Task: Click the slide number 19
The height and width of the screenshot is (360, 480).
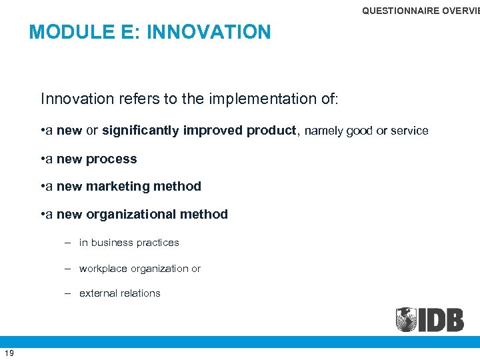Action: pos(9,353)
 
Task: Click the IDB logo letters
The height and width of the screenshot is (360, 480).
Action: pos(442,319)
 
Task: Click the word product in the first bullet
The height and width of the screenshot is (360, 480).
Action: pos(271,131)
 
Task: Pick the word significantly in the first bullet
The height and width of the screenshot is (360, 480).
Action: pos(139,131)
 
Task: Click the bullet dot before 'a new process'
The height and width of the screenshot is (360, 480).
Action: pos(43,159)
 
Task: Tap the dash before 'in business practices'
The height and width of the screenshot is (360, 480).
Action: pos(69,243)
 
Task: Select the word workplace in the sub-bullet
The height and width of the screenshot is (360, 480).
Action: pos(103,269)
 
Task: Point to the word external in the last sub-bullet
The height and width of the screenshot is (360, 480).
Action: pos(98,293)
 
